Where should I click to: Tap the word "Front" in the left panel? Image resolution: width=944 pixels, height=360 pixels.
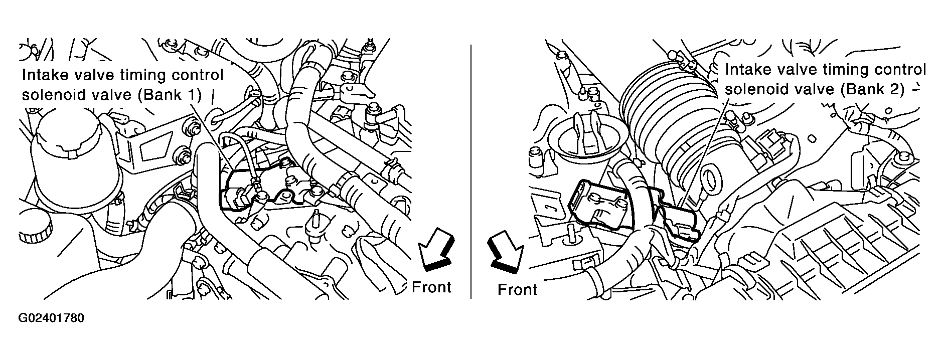[x=431, y=287]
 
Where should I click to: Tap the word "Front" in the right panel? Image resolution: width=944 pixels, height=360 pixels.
[x=517, y=290]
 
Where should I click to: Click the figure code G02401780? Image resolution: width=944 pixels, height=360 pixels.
[x=51, y=318]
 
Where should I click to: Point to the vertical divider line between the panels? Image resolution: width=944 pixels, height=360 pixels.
[x=470, y=171]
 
